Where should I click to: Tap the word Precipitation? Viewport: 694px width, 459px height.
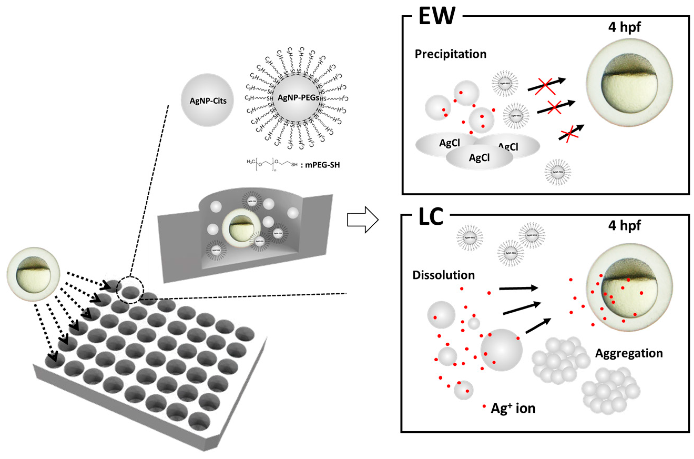pyautogui.click(x=451, y=54)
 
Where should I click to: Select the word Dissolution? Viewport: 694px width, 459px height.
pyautogui.click(x=443, y=275)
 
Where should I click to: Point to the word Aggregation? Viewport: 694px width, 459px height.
pyautogui.click(x=629, y=353)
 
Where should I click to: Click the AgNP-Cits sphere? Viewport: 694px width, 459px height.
pyautogui.click(x=207, y=100)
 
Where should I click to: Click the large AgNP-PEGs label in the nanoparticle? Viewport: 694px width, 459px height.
pyautogui.click(x=298, y=98)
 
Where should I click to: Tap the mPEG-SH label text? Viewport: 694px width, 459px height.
pyautogui.click(x=322, y=165)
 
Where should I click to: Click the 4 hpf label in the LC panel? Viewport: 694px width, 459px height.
pyautogui.click(x=624, y=225)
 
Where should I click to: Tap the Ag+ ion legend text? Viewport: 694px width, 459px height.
pyautogui.click(x=513, y=408)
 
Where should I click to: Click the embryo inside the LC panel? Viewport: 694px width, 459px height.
pyautogui.click(x=629, y=287)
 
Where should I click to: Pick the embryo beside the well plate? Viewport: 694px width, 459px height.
pyautogui.click(x=33, y=274)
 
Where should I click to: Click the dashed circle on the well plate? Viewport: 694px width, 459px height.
pyautogui.click(x=130, y=290)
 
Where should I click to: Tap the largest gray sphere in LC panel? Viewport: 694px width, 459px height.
pyautogui.click(x=501, y=350)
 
